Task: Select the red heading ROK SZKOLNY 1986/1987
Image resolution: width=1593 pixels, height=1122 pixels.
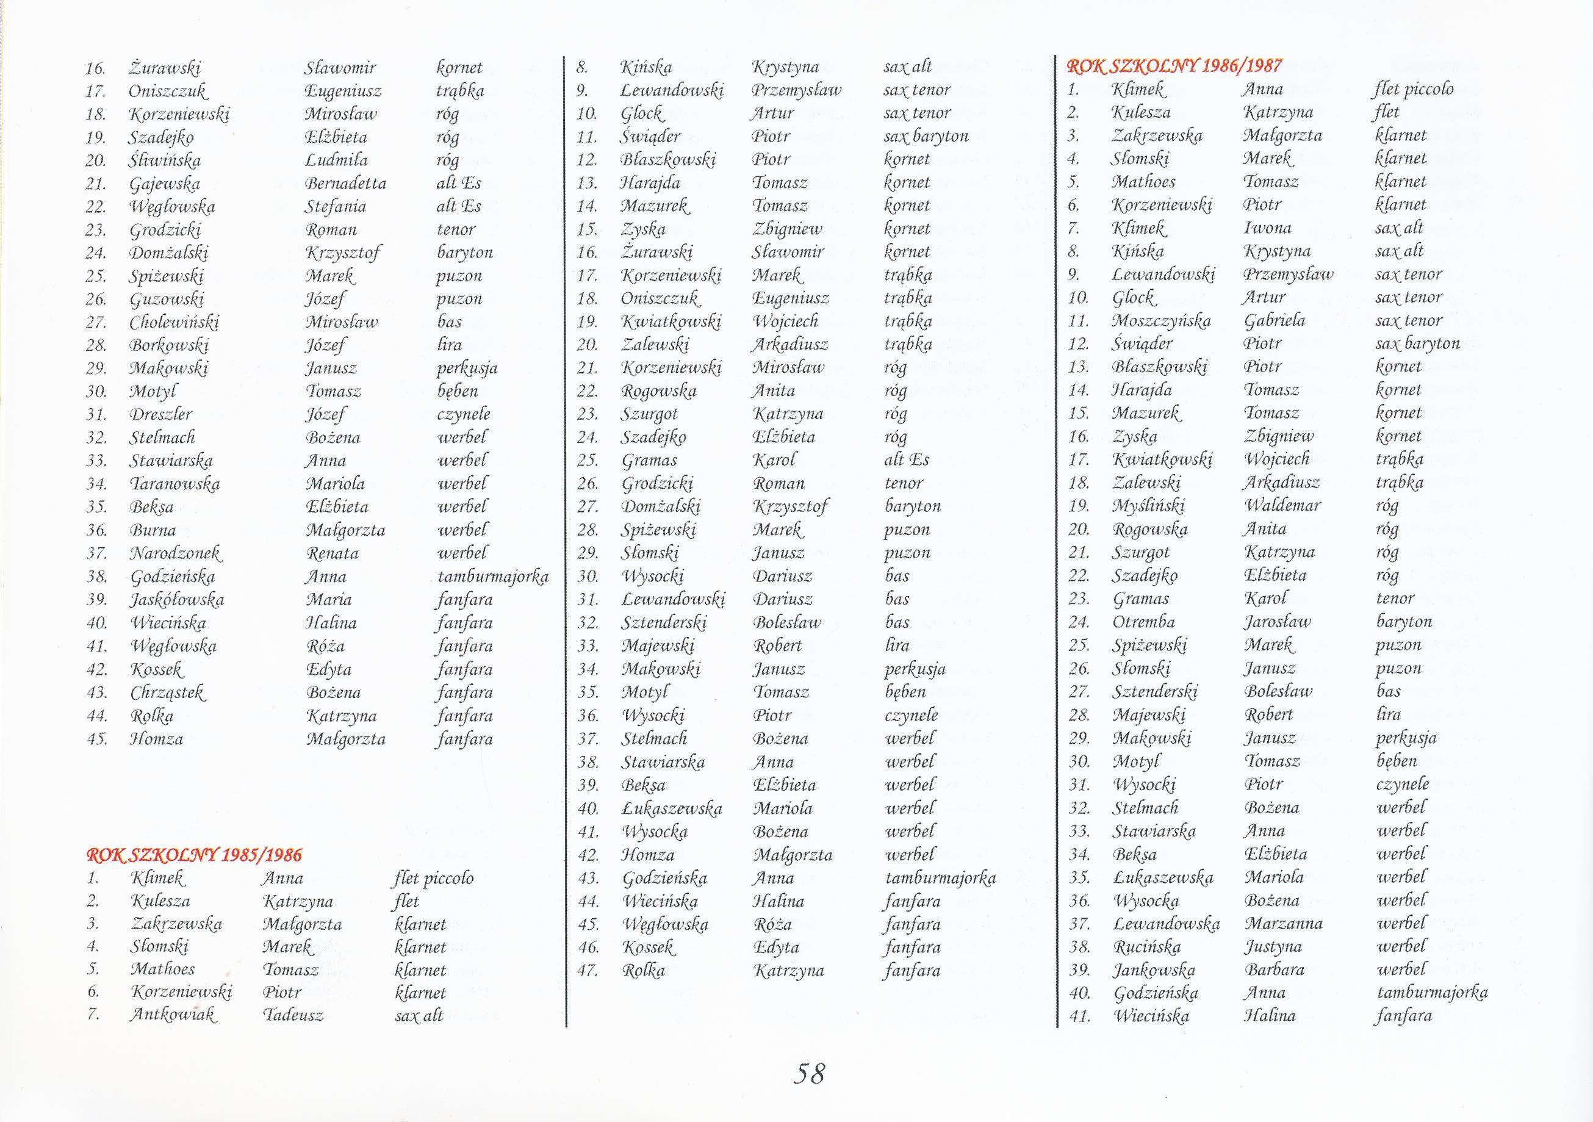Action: (1174, 66)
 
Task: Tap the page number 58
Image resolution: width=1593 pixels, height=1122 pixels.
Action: (809, 1073)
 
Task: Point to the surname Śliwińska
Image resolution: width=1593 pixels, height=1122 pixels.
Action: (165, 160)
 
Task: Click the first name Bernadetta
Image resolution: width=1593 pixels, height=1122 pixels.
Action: (345, 183)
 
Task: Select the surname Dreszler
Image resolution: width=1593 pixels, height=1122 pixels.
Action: (161, 414)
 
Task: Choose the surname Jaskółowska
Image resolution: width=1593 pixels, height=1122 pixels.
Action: (177, 600)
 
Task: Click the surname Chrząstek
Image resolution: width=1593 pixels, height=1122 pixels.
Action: (168, 692)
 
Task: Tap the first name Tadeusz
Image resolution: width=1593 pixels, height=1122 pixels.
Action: (293, 1015)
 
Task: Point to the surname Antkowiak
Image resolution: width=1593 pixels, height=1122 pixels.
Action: (173, 1015)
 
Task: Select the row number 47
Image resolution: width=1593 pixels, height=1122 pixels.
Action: (587, 970)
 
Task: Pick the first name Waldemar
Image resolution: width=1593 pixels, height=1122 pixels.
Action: (1282, 505)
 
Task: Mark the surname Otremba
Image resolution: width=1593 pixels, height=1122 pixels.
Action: (1143, 622)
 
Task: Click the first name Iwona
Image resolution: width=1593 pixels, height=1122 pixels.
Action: (1268, 228)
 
